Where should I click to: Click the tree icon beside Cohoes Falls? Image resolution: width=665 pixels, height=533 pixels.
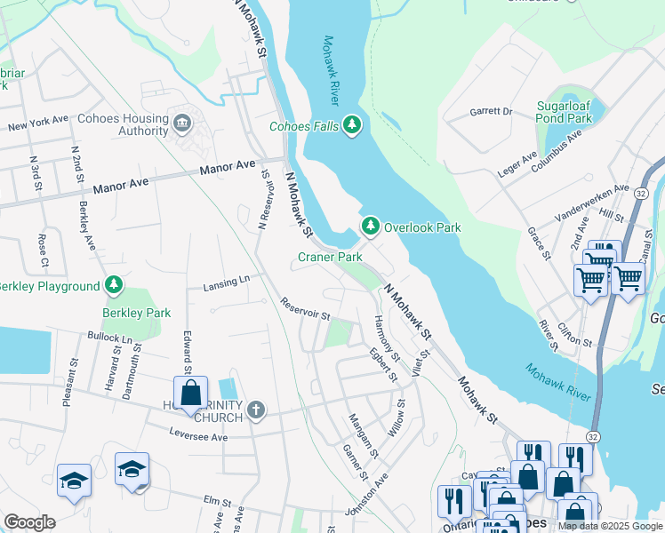(353, 126)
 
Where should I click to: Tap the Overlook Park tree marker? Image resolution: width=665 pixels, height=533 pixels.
(370, 227)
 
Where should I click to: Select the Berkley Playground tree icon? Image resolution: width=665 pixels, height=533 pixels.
(113, 286)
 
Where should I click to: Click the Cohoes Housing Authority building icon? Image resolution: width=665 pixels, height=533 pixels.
(183, 122)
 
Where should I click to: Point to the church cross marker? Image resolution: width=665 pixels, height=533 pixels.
(256, 410)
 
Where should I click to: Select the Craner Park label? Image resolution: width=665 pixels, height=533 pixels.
(330, 257)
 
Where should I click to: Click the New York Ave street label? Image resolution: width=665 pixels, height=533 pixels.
(38, 123)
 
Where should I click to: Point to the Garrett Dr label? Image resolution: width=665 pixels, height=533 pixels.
(491, 112)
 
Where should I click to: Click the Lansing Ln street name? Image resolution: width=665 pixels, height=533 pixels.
(226, 282)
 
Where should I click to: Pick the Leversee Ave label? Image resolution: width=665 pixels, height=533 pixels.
(199, 436)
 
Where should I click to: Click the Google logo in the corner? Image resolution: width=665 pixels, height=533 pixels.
(29, 522)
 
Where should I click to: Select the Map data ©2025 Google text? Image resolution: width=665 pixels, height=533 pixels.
(609, 526)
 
